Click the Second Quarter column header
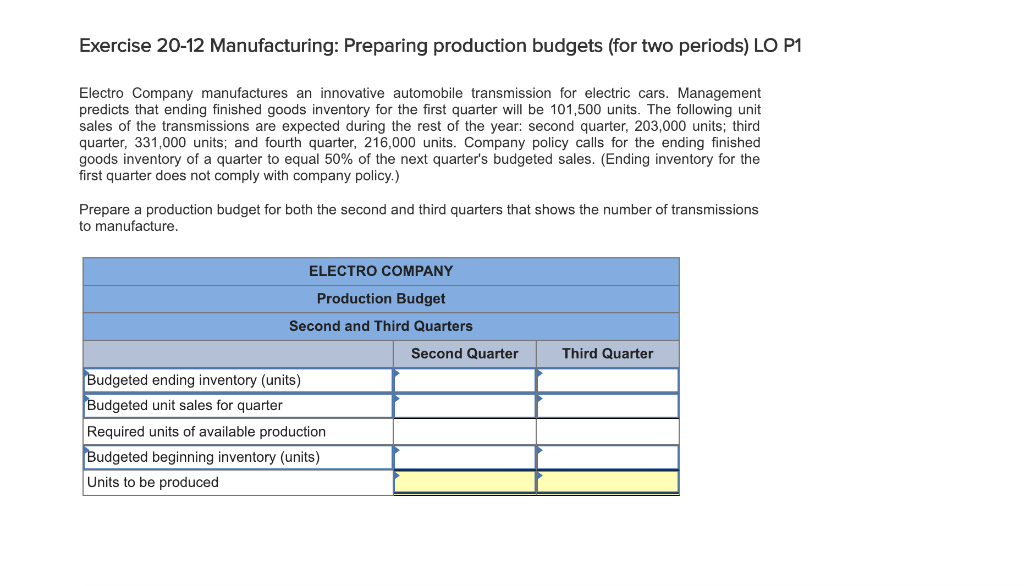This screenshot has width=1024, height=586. tap(464, 354)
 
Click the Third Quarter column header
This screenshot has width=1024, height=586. tap(607, 354)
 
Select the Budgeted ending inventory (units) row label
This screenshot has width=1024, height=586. tap(194, 380)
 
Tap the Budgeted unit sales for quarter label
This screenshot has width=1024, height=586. tap(185, 406)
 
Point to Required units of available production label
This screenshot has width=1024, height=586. tap(206, 432)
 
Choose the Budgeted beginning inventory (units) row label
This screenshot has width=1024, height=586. tap(204, 457)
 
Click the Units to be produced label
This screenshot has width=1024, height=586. tap(153, 482)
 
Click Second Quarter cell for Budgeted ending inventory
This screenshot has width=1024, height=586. tap(464, 380)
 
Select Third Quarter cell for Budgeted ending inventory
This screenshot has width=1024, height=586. tap(607, 380)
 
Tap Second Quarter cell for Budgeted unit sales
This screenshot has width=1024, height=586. tap(464, 406)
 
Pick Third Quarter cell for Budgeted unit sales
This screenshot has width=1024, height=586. tap(607, 406)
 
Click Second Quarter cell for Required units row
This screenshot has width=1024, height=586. tap(464, 432)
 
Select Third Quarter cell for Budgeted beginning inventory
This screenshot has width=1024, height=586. tap(607, 457)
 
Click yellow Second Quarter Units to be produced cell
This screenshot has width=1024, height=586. tap(464, 482)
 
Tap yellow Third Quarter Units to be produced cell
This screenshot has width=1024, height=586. tap(607, 482)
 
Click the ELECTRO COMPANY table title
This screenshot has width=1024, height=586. tap(381, 271)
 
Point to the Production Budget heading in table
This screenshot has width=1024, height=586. tap(381, 299)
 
